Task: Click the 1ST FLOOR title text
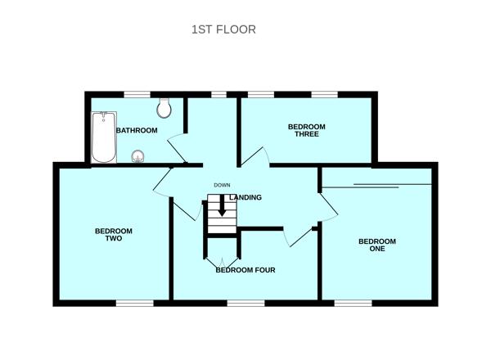pos(223,29)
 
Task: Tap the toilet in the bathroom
pos(164,108)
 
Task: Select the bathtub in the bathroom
pos(104,137)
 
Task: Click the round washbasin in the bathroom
pos(137,156)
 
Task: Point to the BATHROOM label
pos(137,130)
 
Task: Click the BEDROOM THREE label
pos(307,130)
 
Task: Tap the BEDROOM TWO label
pos(114,235)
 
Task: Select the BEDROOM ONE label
pos(377,245)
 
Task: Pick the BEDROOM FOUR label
pos(245,270)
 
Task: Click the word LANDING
pos(245,197)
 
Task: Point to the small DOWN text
pos(222,186)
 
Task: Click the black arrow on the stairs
pos(223,205)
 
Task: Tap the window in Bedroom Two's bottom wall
pos(135,303)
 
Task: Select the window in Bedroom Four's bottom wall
pos(245,303)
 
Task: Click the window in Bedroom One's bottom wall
pos(354,303)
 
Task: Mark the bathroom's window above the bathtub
pos(137,95)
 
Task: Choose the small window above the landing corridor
pos(218,95)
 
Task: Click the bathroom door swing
pos(178,148)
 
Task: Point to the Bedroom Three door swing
pos(255,156)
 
